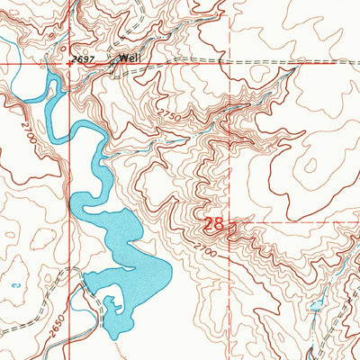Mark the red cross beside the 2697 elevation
click(x=69, y=65)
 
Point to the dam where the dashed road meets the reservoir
click(x=85, y=281)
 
